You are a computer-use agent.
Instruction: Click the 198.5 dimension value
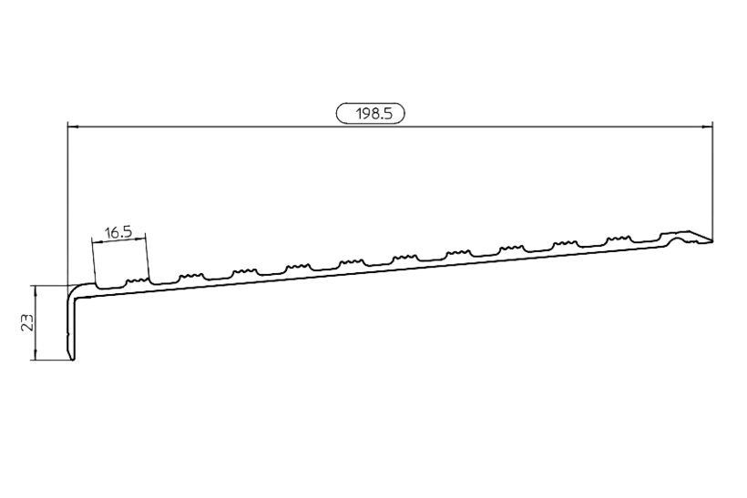click(x=374, y=114)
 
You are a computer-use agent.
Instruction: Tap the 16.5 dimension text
click(x=118, y=233)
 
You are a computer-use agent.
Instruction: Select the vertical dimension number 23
click(x=27, y=322)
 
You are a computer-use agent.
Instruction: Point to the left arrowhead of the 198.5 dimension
click(x=72, y=127)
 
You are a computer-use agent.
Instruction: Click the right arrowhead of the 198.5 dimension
click(x=708, y=127)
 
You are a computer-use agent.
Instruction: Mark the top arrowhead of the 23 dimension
click(x=35, y=290)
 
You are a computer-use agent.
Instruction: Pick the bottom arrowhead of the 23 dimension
click(x=35, y=355)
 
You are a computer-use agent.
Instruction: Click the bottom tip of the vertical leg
click(x=73, y=360)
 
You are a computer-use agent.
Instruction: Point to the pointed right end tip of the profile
click(x=712, y=241)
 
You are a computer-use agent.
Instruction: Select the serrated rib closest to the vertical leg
click(x=137, y=281)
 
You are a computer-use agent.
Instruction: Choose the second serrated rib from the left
click(x=190, y=276)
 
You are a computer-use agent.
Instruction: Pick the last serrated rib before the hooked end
click(x=618, y=239)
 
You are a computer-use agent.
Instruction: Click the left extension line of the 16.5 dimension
click(x=95, y=263)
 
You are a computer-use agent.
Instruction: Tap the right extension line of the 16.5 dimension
click(x=148, y=257)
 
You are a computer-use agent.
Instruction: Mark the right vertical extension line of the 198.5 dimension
click(x=712, y=182)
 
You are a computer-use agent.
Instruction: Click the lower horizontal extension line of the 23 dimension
click(x=51, y=360)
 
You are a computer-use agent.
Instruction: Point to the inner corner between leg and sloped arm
click(x=77, y=300)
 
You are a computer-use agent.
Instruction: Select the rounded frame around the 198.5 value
click(x=371, y=114)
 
